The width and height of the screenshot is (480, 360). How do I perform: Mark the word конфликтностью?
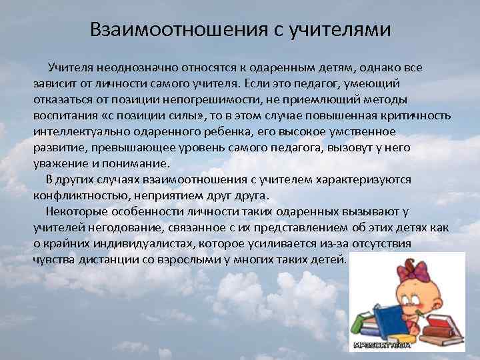tap(81, 195)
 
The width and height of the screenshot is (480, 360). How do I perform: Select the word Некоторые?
tap(77, 211)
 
